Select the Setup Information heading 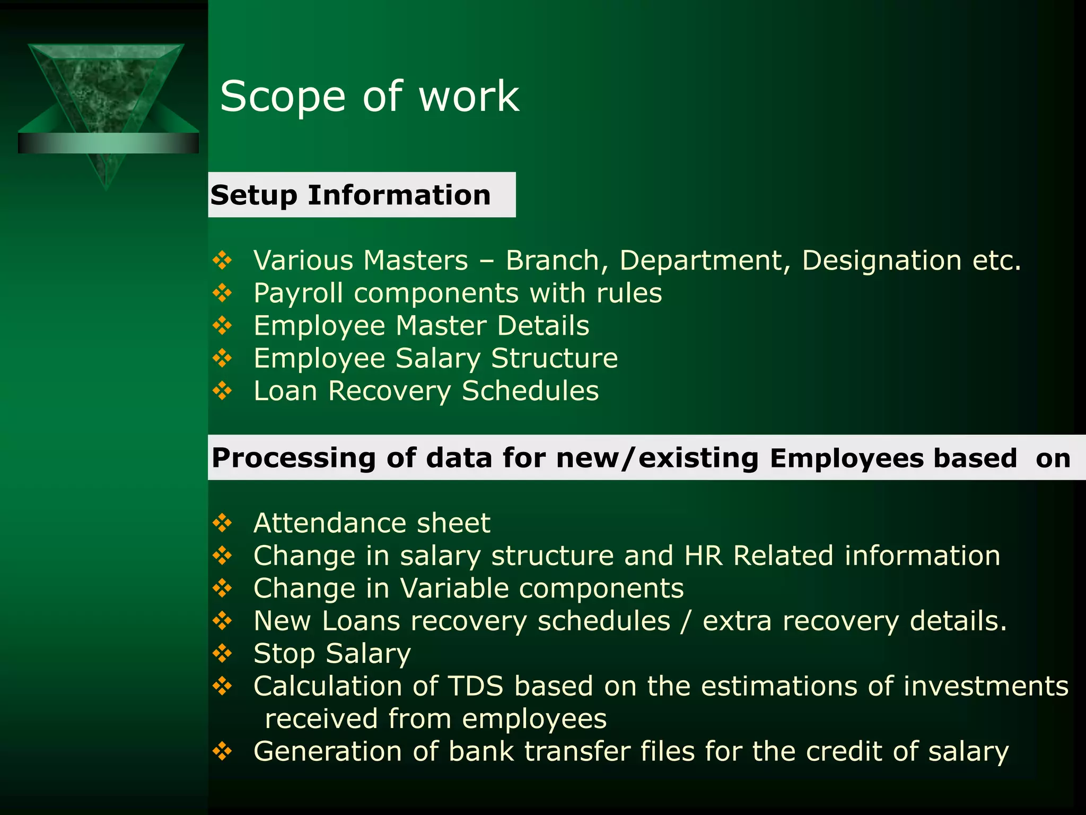coord(351,195)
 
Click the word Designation coord(881,261)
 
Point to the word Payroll coord(298,293)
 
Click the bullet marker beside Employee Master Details coord(222,325)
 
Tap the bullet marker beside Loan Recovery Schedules coord(222,391)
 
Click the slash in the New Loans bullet coord(687,621)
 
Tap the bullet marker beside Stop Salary coord(222,653)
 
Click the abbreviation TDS coord(475,686)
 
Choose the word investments coord(986,686)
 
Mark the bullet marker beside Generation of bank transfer coord(222,751)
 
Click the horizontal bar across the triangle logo coord(108,143)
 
